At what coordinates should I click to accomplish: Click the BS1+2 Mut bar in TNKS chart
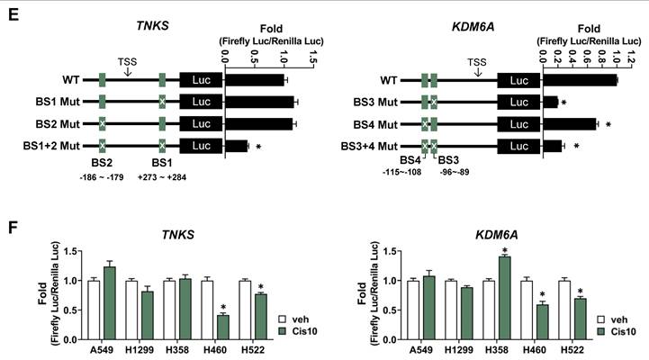click(236, 145)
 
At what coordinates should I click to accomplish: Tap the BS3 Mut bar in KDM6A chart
click(550, 102)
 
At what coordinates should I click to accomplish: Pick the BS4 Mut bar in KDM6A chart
click(569, 123)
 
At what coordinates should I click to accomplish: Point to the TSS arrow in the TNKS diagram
click(127, 72)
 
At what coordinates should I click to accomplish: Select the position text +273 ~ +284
click(163, 176)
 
